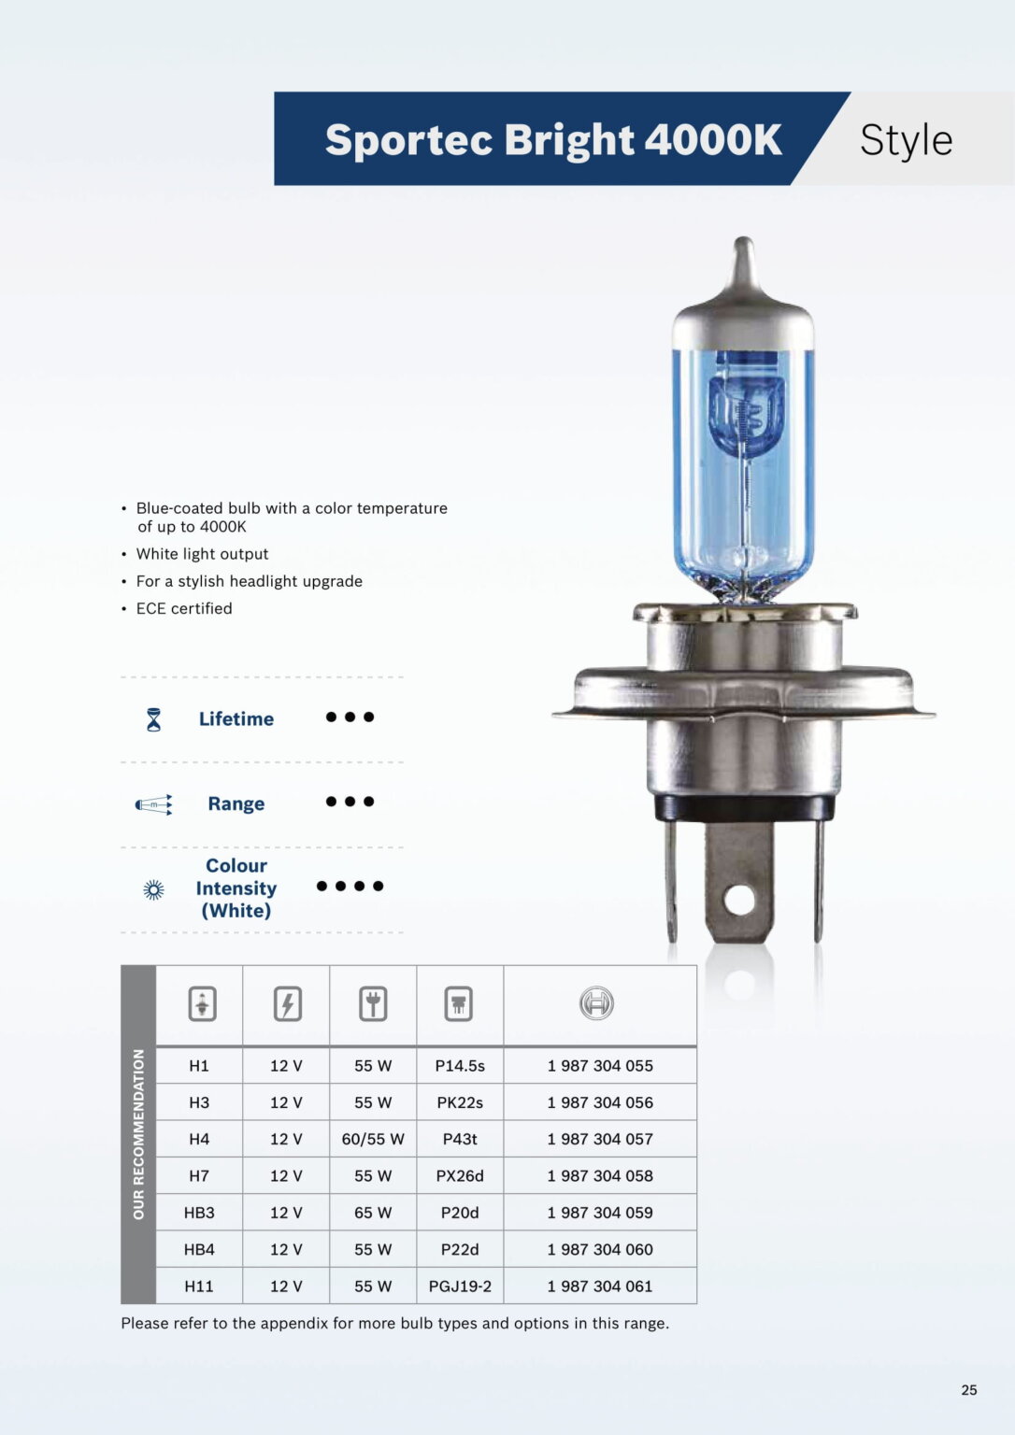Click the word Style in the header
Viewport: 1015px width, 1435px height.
click(906, 140)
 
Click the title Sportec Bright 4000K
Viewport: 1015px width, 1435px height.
click(553, 140)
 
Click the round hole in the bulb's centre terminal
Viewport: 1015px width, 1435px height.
click(739, 901)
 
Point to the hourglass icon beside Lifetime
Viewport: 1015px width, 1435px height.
click(154, 719)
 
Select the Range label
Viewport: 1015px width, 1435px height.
click(236, 803)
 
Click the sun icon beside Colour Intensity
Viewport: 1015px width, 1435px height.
click(154, 889)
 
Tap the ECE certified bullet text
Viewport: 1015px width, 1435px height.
click(184, 608)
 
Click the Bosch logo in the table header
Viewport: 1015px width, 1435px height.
click(596, 1004)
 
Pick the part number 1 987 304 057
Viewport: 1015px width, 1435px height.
click(600, 1139)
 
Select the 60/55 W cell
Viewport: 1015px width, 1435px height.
click(373, 1139)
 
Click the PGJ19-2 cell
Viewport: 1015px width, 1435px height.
click(460, 1286)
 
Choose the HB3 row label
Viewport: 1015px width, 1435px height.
click(199, 1213)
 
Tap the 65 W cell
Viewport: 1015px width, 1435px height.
click(373, 1213)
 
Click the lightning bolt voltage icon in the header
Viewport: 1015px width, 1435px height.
click(287, 1004)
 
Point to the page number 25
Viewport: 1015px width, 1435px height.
click(969, 1390)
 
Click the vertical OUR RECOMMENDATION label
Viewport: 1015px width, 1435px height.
click(138, 1134)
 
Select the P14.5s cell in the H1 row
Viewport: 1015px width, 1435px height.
click(460, 1066)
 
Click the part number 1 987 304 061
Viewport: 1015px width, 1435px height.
click(600, 1286)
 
